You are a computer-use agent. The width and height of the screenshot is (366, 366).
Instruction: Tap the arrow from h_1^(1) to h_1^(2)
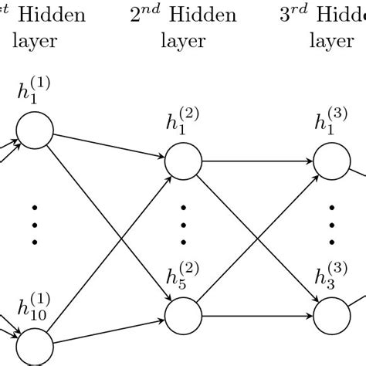tap(108, 147)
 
